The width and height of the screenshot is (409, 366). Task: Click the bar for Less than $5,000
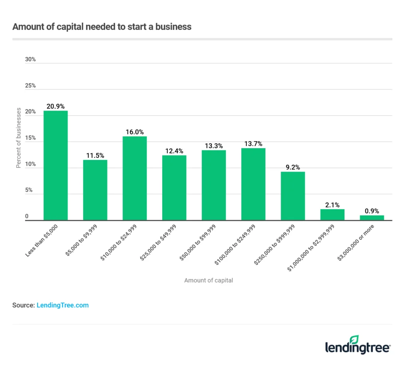(56, 165)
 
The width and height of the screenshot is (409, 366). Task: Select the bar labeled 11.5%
(95, 190)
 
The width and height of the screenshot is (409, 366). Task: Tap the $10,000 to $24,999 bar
(135, 178)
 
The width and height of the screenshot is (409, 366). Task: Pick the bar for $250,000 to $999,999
(293, 196)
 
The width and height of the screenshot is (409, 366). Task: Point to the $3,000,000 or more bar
(372, 218)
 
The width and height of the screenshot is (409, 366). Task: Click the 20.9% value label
(56, 106)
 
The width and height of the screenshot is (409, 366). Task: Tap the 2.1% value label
(332, 205)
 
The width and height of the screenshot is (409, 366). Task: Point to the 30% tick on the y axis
(30, 59)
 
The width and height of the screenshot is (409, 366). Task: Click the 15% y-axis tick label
(30, 138)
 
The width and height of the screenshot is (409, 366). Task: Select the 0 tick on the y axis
(28, 217)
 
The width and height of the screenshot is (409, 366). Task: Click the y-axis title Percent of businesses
(19, 138)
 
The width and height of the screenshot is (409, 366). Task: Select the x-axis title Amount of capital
(208, 281)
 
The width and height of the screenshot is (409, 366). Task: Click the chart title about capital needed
(102, 27)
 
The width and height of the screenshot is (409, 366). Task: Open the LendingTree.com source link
(63, 305)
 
